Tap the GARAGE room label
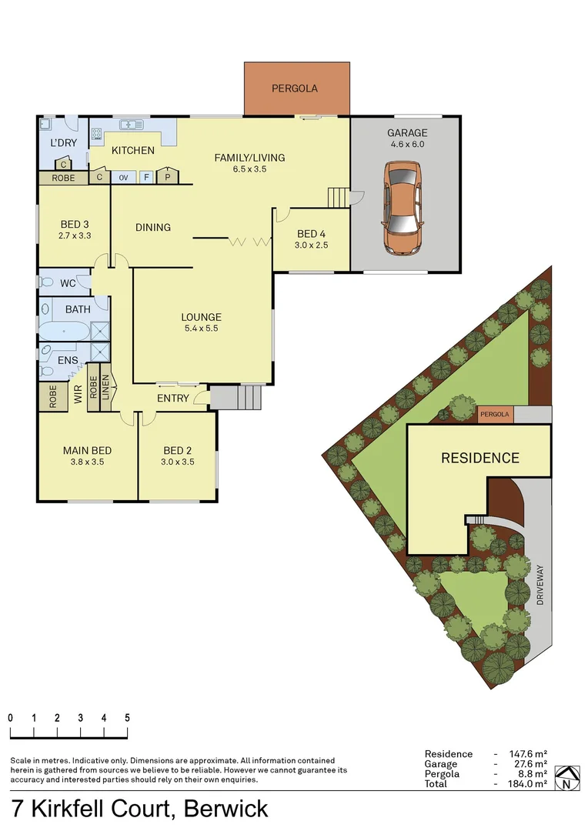click(406, 133)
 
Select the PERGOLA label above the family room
click(294, 88)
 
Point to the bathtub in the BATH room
click(65, 331)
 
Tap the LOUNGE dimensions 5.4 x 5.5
click(201, 329)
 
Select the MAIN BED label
click(87, 451)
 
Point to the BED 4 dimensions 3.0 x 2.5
click(312, 245)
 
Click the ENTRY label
click(172, 398)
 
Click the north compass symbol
click(566, 779)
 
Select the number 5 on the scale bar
click(127, 717)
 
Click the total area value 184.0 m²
click(529, 784)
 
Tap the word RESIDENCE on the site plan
click(479, 459)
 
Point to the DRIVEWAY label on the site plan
click(540, 586)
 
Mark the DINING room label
click(152, 228)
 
